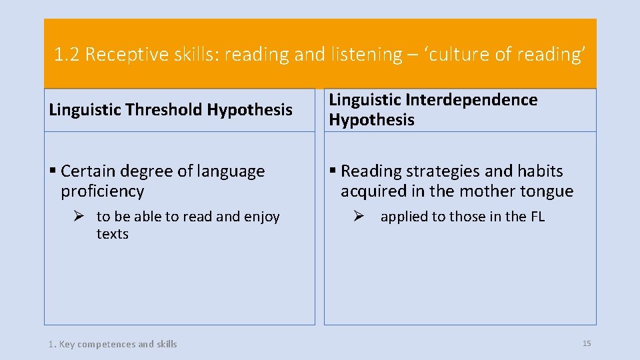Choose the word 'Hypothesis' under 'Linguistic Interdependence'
tap(371, 120)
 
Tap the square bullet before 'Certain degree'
tap(53, 171)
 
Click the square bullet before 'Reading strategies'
tap(333, 171)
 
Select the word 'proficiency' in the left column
tap(102, 191)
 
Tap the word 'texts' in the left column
tap(112, 234)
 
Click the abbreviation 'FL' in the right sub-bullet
tap(537, 217)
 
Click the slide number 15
tap(587, 343)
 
